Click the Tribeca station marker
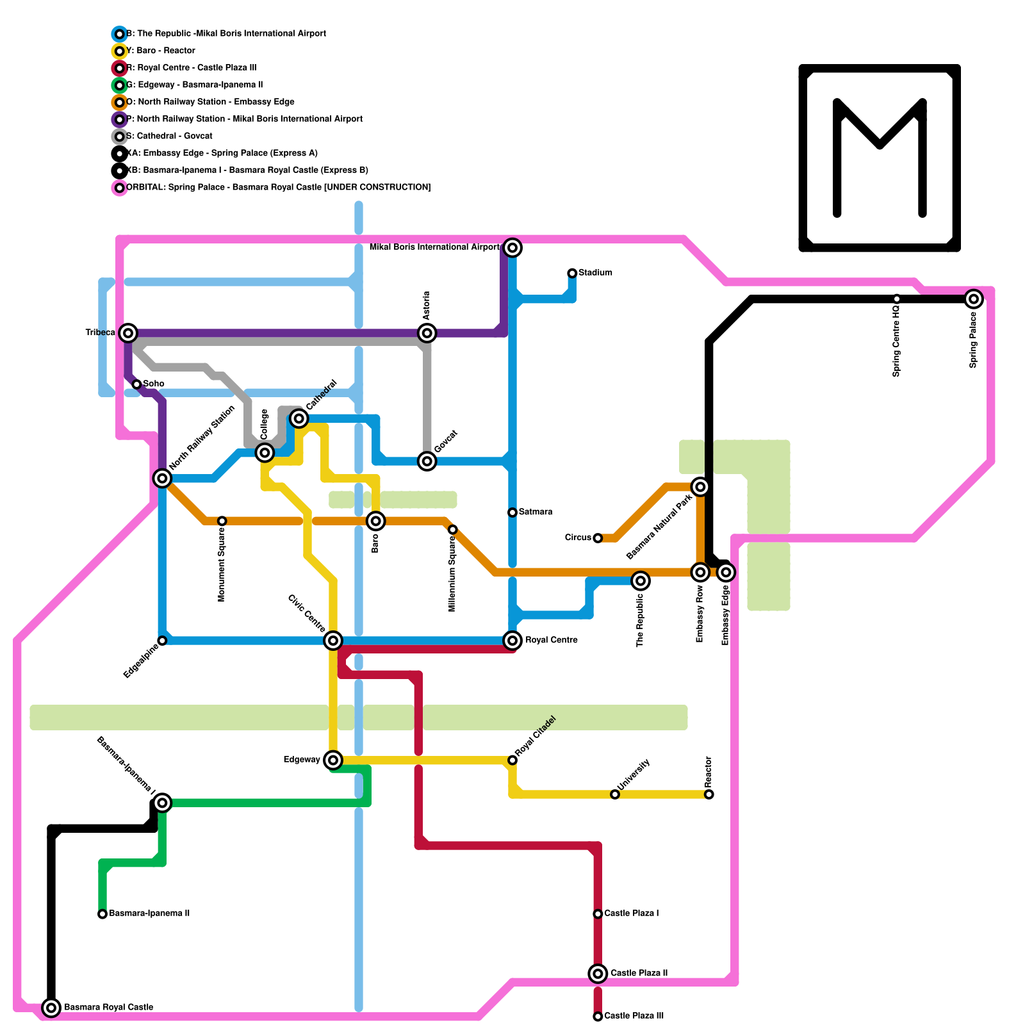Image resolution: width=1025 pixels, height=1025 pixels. point(128,332)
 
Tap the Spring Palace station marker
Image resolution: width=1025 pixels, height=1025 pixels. point(974,299)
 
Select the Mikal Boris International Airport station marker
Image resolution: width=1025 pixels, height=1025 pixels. point(512,247)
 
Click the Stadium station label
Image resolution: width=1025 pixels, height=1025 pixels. point(595,273)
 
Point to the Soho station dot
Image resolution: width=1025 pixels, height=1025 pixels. point(136,384)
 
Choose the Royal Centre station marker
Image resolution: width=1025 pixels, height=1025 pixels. point(512,640)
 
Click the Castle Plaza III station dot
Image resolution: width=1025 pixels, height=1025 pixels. point(598,1016)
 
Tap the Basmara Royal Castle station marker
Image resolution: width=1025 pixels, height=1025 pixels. point(51,1007)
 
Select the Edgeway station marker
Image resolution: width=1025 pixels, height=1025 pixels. point(332,760)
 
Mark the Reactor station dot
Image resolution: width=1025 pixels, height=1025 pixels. point(709,794)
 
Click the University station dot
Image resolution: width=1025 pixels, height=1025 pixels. point(615,794)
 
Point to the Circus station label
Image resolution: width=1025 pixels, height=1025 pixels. point(578,537)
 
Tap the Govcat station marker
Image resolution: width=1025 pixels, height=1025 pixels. point(427,461)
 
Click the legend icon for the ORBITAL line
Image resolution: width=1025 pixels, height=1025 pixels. point(119,188)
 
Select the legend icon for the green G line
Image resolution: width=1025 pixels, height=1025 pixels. point(119,85)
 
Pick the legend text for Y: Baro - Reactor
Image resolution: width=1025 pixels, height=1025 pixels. point(161,51)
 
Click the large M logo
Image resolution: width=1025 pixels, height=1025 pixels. point(880,158)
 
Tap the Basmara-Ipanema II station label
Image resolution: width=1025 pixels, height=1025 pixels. point(149,914)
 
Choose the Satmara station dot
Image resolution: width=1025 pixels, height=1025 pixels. point(512,512)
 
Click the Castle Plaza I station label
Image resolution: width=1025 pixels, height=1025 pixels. point(632,914)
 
